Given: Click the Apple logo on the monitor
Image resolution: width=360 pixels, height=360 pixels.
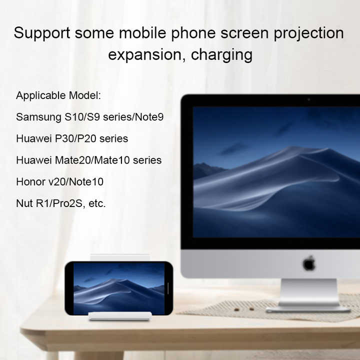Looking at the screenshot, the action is pos(309,263).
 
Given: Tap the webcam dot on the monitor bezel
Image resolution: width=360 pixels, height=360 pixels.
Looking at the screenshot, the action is pos(309,99).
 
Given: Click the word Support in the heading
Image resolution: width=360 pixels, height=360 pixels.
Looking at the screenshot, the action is pos(42,33).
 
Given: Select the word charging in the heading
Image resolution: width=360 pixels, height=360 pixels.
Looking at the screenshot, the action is pos(221,55).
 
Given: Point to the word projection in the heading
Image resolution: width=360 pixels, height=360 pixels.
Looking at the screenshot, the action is pos(309,33).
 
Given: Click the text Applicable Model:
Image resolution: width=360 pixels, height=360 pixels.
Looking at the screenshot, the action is pos(58,95).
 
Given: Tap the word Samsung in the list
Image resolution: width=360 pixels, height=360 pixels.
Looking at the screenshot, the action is pos(38,117).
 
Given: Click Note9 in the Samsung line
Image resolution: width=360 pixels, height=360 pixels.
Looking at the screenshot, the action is pos(149,117).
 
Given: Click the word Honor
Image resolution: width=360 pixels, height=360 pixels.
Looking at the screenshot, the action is pos(31,182).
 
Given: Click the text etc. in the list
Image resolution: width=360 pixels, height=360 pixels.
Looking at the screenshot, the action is pos(97,203).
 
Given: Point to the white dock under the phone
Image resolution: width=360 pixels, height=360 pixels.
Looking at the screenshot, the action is pos(120,316).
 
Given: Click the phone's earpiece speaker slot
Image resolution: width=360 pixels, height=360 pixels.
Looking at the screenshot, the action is pos(168,288).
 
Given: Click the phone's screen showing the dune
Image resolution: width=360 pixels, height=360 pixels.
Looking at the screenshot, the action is pos(119,288).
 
